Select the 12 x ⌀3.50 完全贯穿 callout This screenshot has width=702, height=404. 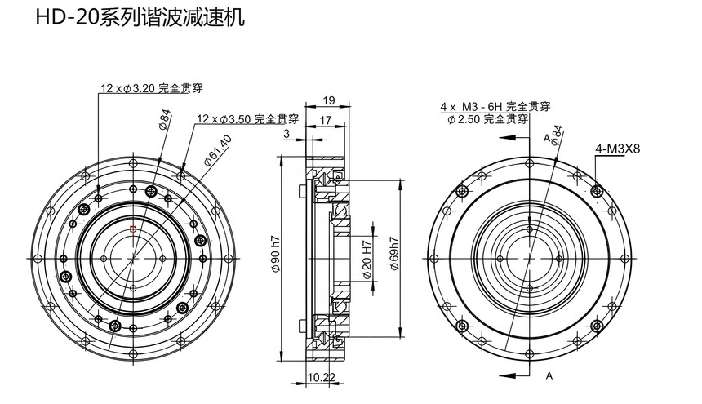point(247,118)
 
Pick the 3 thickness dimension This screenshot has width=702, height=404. point(287,132)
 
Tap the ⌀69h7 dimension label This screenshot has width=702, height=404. point(394,254)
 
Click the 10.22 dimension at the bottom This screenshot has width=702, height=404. point(321,377)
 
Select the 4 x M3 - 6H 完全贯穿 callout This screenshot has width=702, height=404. point(495,107)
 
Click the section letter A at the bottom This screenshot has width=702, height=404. point(549,376)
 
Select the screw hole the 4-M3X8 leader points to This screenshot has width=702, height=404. point(599,190)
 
